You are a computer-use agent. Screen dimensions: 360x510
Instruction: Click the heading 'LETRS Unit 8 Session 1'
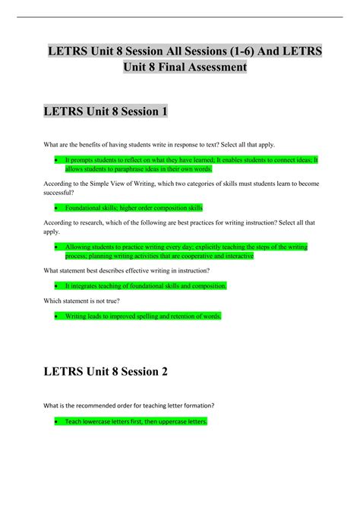[x=106, y=111]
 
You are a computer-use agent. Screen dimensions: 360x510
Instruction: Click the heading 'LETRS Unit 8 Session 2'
[x=106, y=372]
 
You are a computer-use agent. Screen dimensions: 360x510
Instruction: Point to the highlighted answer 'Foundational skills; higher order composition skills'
[x=134, y=207]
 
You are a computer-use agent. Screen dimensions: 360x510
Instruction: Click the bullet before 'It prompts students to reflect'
[x=57, y=160]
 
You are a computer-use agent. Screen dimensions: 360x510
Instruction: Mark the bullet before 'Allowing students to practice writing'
[x=57, y=247]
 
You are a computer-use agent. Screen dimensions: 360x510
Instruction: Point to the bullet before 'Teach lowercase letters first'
[x=57, y=420]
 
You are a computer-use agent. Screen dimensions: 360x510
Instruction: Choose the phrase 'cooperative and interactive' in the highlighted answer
[x=217, y=256]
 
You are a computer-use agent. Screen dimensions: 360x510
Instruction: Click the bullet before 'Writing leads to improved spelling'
[x=57, y=316]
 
